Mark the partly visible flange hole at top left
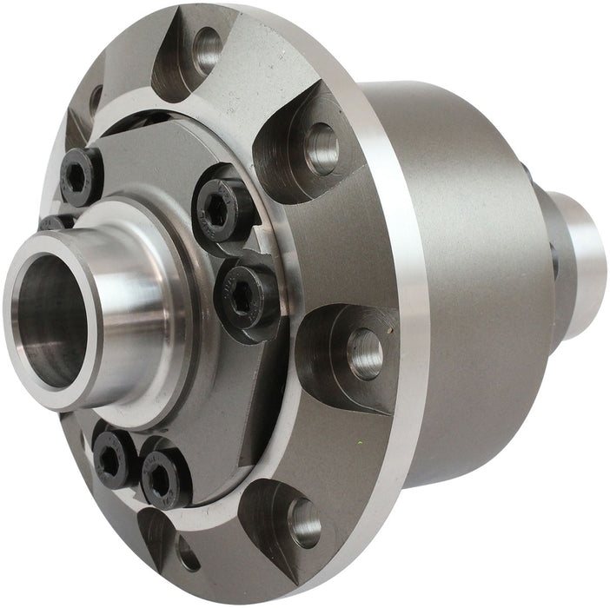pyautogui.click(x=95, y=99)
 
